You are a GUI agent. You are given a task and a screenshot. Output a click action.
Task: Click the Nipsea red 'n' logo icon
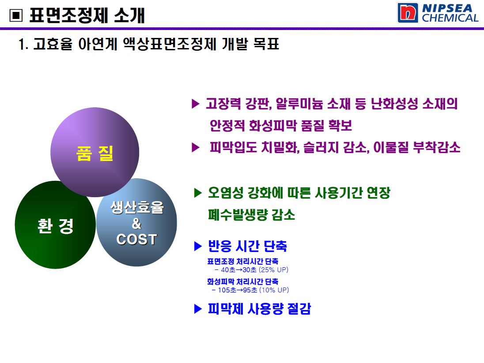[x=408, y=13]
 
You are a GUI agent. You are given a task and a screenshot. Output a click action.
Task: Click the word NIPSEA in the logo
[x=447, y=8]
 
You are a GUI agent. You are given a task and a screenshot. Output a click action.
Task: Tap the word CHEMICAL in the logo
[x=450, y=18]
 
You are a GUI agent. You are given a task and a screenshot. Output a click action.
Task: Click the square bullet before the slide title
[x=16, y=15]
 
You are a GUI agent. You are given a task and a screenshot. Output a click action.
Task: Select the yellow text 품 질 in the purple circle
[x=95, y=153]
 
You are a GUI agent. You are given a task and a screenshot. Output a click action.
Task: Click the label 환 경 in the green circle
[x=56, y=226]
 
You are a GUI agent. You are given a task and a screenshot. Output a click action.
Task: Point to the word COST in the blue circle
[x=136, y=240]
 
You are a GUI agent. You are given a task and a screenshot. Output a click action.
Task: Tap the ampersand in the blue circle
[x=136, y=223]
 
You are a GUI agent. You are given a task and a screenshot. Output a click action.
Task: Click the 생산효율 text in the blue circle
[x=137, y=207]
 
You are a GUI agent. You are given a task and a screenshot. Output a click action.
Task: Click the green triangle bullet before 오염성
[x=197, y=193]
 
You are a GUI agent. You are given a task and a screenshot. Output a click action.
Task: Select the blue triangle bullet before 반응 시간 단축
[x=197, y=246]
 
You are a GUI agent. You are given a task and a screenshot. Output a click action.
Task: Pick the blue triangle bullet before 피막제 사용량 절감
[x=197, y=309]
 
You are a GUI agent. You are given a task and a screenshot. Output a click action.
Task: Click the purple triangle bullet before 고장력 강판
[x=195, y=104]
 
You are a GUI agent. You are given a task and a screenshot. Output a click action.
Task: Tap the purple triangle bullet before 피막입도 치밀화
[x=195, y=147]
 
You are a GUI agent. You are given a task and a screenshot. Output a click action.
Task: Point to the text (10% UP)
[x=274, y=290]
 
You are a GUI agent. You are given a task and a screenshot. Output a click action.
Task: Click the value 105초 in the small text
[x=227, y=290]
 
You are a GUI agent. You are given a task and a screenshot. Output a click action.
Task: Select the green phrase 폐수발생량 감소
[x=252, y=215]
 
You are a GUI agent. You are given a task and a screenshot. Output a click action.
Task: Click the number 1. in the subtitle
[x=23, y=44]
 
